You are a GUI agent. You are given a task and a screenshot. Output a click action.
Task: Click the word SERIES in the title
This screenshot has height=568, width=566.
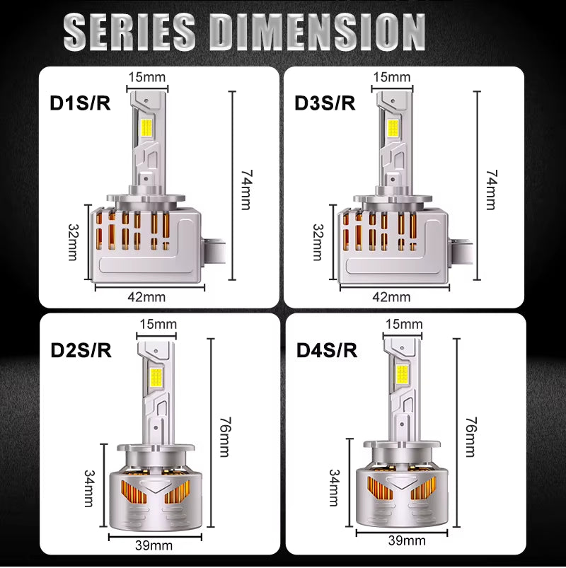pyautogui.click(x=134, y=32)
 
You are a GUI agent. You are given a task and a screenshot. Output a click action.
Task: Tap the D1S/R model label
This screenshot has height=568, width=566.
pyautogui.click(x=79, y=103)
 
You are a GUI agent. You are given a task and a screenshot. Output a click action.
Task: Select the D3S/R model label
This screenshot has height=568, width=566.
pyautogui.click(x=325, y=103)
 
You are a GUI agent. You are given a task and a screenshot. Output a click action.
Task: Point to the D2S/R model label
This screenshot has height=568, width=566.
pyautogui.click(x=79, y=349)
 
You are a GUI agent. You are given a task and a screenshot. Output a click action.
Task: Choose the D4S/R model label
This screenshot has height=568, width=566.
pyautogui.click(x=325, y=349)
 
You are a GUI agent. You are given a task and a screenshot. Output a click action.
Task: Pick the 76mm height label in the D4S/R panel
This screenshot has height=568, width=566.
pyautogui.click(x=470, y=436)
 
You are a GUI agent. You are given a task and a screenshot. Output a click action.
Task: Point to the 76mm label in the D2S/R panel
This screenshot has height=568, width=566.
pyautogui.click(x=224, y=436)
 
